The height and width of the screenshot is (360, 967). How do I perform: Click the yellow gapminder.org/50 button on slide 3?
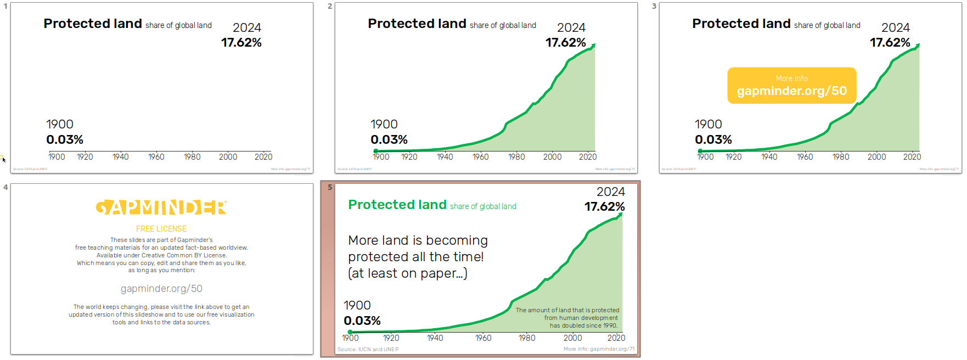(791, 86)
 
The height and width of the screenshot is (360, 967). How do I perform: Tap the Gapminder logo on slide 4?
(161, 207)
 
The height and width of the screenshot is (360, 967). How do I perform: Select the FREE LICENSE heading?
(161, 229)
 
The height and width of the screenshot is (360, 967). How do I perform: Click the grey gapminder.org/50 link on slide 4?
(161, 289)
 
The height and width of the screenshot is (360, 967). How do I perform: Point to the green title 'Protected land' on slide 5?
(397, 205)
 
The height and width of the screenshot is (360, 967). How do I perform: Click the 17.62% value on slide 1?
(241, 43)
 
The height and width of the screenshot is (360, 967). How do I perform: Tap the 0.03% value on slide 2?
(389, 140)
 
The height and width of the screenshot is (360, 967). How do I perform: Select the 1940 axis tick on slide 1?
(121, 157)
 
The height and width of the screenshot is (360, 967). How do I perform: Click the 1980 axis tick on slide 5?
(527, 338)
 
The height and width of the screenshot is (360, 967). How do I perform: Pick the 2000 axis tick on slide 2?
(552, 157)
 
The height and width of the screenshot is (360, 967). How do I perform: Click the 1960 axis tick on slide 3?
(805, 157)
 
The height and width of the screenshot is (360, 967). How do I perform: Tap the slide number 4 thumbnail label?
(5, 187)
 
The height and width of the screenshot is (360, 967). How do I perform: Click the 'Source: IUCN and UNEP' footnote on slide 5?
(368, 350)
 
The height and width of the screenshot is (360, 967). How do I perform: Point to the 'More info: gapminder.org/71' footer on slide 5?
(599, 349)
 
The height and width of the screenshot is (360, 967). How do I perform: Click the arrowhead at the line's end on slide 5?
(620, 215)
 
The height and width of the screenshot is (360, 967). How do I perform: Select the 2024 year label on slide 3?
(895, 28)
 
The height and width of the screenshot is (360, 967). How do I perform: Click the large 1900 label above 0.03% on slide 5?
(357, 305)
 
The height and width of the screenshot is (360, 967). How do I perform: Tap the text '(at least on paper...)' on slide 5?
(408, 273)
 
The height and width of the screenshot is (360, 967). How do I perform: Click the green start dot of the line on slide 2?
(375, 151)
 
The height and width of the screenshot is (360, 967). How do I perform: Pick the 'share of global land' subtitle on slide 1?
(178, 25)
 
